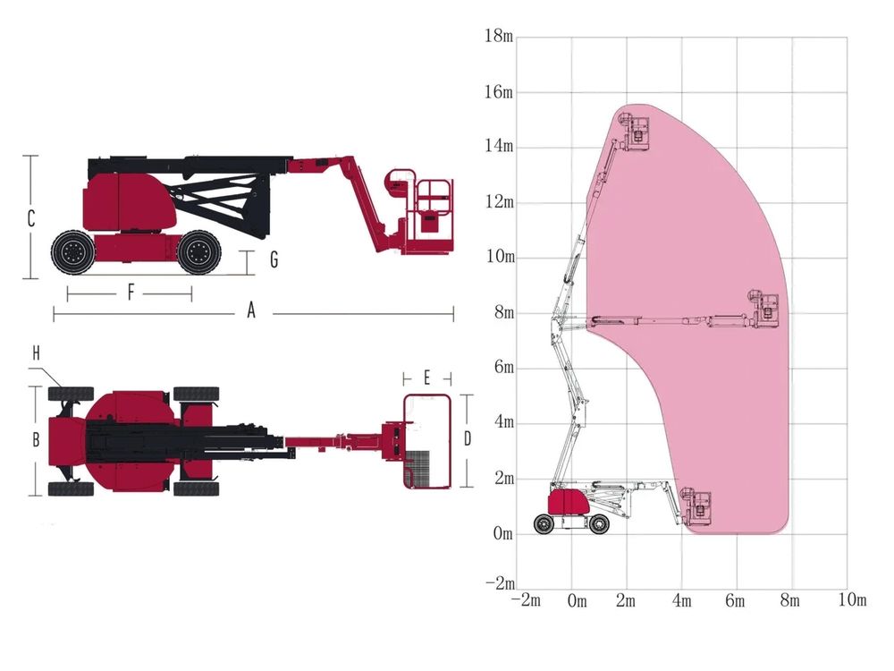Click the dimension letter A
(251, 310)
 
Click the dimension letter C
(31, 218)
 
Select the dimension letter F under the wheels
(131, 293)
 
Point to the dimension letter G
(274, 259)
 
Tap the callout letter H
(36, 353)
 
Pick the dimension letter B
(36, 439)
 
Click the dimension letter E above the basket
(427, 378)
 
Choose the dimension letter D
(468, 438)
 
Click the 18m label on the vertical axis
(500, 36)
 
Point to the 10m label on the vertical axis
(500, 256)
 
